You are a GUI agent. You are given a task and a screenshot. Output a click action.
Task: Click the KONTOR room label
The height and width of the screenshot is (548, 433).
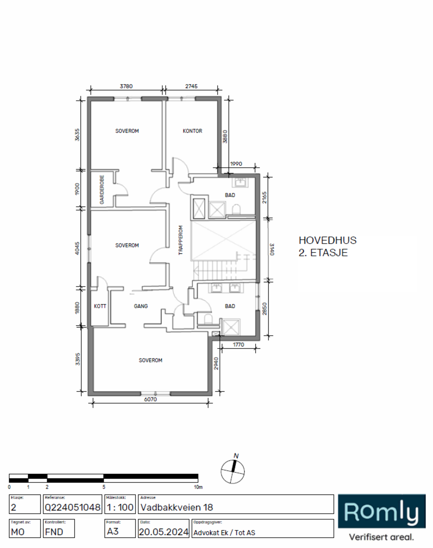tap(192, 131)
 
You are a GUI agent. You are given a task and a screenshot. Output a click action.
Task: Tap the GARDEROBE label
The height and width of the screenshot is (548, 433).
tap(102, 189)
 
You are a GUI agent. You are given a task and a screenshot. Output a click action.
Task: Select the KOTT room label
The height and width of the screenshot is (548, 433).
tap(100, 306)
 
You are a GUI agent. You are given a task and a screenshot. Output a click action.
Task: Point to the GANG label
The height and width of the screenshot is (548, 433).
tap(141, 306)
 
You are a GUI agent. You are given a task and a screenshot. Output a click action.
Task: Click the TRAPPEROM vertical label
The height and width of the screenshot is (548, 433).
tap(181, 240)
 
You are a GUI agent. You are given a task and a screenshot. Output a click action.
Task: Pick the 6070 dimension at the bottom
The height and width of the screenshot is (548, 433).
tap(150, 399)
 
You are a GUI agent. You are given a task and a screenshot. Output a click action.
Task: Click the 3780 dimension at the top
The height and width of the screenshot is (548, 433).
tap(126, 86)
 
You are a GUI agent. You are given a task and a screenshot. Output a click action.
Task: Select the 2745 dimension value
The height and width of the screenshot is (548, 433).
tap(191, 86)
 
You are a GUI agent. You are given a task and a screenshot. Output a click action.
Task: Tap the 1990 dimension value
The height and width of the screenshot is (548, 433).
tap(236, 164)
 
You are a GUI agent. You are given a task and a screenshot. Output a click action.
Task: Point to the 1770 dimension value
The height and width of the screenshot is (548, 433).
tap(238, 345)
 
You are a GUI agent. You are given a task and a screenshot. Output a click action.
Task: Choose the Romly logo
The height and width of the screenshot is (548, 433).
tap(382, 511)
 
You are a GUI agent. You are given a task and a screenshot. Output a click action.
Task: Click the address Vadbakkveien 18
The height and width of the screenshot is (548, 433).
tap(177, 507)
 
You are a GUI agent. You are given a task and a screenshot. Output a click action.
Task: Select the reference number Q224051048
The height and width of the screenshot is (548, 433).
tap(73, 507)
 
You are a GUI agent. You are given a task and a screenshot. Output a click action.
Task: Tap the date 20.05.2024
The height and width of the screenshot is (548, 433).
tap(164, 532)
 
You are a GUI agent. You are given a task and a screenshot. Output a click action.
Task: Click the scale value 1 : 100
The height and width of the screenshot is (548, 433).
tap(120, 507)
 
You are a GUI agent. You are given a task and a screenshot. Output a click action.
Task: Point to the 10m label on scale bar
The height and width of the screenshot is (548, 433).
tap(198, 487)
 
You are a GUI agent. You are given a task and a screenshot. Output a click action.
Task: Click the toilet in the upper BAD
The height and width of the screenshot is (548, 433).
tap(236, 209)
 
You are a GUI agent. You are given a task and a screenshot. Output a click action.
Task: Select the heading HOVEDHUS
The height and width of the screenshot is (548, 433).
tap(328, 240)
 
